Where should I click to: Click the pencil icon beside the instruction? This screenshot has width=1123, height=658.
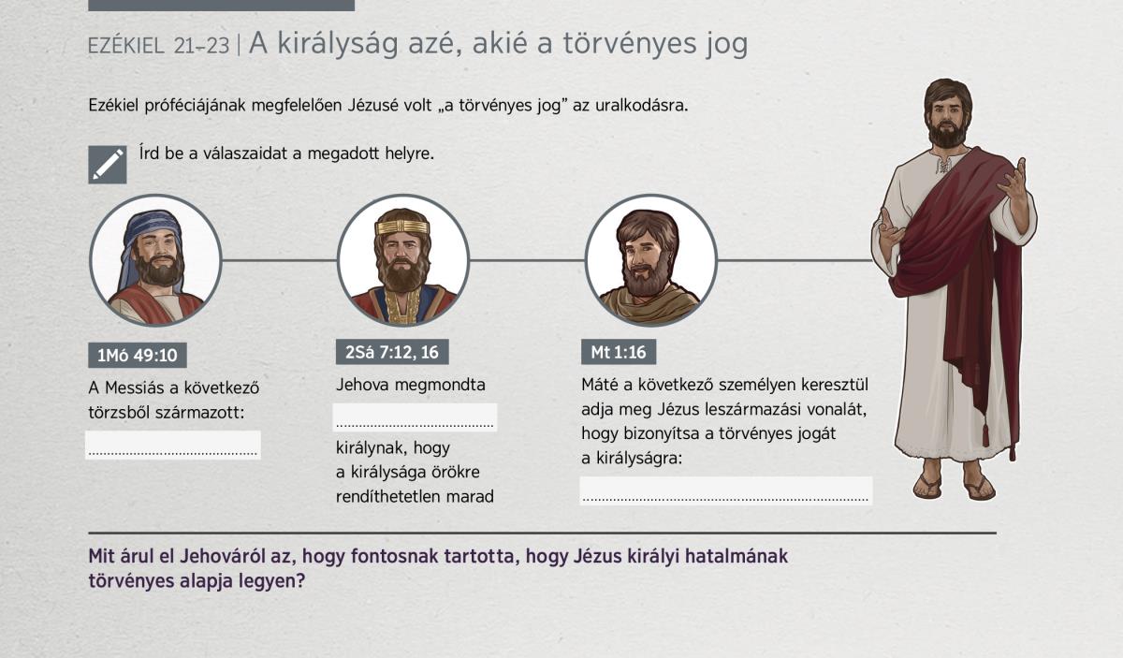click(x=108, y=165)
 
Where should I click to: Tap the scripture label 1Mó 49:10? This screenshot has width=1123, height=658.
click(x=138, y=355)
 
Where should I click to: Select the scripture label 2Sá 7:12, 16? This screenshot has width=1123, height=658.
click(x=392, y=352)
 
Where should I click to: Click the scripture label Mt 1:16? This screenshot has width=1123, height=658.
click(x=619, y=352)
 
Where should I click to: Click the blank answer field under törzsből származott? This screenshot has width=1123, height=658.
click(x=173, y=445)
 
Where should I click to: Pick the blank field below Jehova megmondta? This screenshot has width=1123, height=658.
click(x=416, y=417)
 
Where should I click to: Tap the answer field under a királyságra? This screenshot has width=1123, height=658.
click(x=726, y=490)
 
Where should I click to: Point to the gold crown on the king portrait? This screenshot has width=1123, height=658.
click(x=402, y=227)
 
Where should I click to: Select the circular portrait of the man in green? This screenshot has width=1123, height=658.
click(x=650, y=260)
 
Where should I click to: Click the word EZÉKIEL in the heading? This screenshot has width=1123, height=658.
click(x=125, y=46)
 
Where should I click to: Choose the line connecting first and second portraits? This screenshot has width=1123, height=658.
click(x=279, y=260)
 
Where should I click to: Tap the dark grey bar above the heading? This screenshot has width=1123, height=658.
click(x=221, y=6)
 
